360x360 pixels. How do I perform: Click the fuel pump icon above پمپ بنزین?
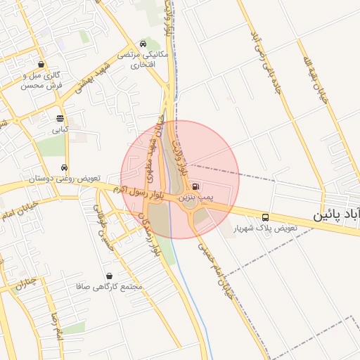[195, 187]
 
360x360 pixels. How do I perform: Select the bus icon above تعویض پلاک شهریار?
[265, 217]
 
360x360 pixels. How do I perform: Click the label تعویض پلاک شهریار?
[267, 229]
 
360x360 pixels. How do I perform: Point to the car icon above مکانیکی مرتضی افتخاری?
[144, 43]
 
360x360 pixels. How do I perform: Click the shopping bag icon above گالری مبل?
[41, 64]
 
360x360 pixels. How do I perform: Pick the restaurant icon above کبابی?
[59, 119]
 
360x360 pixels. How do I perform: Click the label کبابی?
[60, 130]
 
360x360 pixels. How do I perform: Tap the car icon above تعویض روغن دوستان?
[65, 168]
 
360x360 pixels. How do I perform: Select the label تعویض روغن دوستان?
[65, 179]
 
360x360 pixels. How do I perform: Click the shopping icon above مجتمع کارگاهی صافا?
[109, 276]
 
